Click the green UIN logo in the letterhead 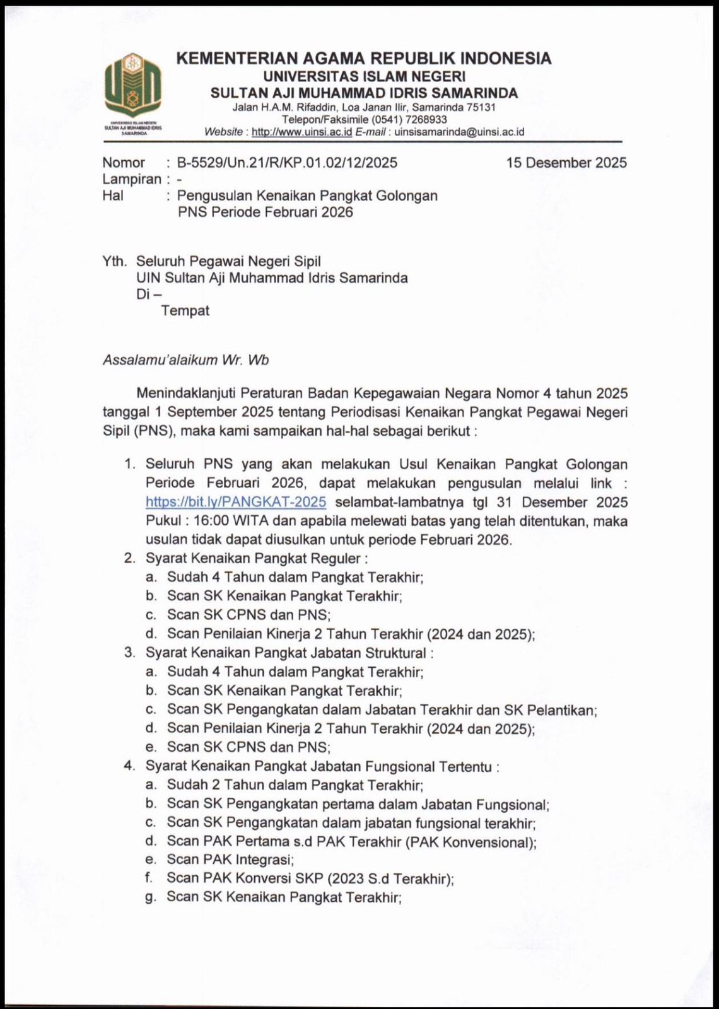coord(132,85)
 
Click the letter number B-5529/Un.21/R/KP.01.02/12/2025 coord(287,163)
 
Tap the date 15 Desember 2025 coord(566,163)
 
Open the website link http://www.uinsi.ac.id coord(301,132)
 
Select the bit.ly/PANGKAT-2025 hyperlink coord(236,502)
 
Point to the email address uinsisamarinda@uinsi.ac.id coord(459,132)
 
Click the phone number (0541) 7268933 coord(409,120)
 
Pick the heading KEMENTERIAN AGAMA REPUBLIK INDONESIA coord(364,59)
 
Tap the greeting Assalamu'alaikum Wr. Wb coord(185,360)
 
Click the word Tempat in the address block coord(185,311)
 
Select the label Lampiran coord(132,179)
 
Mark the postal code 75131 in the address coord(481,107)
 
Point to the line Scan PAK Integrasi coord(230,860)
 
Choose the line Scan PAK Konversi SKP coord(310,878)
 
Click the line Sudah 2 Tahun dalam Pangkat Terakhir coord(295,785)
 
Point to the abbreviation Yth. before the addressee coord(114,261)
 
